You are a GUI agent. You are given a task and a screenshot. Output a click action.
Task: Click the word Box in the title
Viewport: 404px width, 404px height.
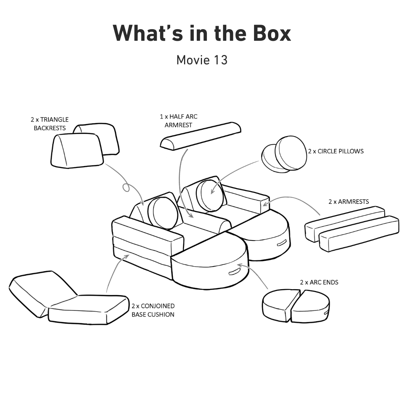[x=272, y=34]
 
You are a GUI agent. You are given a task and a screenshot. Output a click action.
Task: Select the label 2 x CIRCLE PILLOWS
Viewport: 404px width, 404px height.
[x=336, y=151]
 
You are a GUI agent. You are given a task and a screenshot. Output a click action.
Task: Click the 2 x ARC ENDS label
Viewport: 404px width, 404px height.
[x=319, y=282]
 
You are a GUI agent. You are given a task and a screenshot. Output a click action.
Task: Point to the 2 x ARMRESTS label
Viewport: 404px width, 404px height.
[x=349, y=202]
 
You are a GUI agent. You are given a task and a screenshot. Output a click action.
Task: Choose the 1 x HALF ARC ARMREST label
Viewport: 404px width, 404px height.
[x=178, y=121]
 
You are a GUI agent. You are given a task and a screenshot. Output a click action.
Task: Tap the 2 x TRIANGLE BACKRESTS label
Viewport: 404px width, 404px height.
[x=50, y=124]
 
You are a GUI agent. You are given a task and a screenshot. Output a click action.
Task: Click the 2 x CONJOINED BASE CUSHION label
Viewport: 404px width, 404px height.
[x=153, y=310]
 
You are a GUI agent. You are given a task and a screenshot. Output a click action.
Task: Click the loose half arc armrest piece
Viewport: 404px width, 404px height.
[x=201, y=136]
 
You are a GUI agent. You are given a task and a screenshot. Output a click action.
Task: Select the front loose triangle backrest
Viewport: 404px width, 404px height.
[x=77, y=150]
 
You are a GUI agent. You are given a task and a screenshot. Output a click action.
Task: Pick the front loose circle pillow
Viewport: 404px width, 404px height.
[x=291, y=153]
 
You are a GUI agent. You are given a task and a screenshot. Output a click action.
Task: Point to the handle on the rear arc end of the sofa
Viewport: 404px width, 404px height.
[x=282, y=242]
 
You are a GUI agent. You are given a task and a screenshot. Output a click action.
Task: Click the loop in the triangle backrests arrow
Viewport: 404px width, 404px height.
[x=126, y=187]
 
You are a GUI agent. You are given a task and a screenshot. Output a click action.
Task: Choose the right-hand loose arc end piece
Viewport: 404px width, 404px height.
[x=310, y=306]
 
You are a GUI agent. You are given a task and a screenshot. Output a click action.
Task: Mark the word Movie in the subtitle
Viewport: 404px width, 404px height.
[x=193, y=60]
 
